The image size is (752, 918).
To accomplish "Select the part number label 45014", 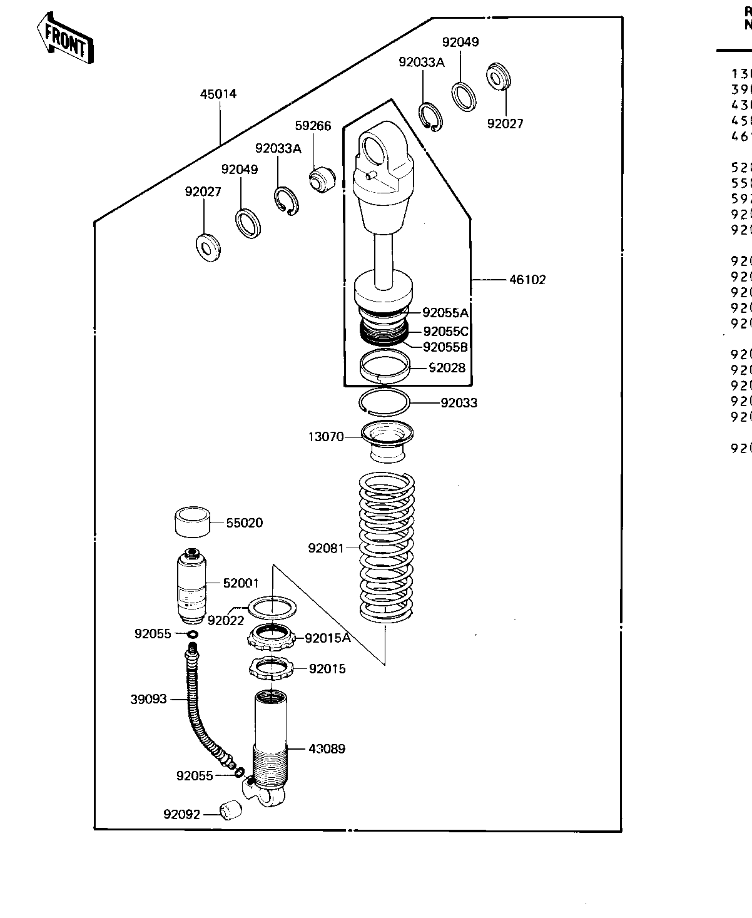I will tap(218, 94).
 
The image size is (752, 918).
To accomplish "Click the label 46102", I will tap(527, 280).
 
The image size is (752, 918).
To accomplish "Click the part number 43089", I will tap(327, 748).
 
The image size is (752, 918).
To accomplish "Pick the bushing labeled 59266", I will tap(322, 180).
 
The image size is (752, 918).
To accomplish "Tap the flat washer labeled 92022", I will tap(272, 606).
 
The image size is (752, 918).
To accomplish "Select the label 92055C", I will tap(445, 331).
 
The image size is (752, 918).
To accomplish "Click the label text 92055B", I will tap(445, 347).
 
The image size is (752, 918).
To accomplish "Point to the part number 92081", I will tap(326, 548).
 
